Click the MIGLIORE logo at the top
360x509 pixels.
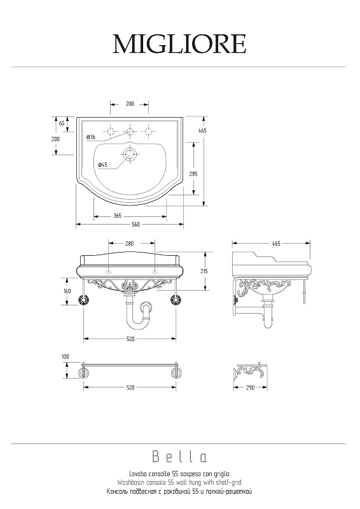pyautogui.click(x=179, y=44)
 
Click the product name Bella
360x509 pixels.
pyautogui.click(x=179, y=457)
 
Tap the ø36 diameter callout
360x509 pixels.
pyautogui.click(x=91, y=137)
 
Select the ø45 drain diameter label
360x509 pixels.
pyautogui.click(x=102, y=165)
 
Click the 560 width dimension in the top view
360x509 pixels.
pyautogui.click(x=136, y=225)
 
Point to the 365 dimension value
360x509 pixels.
pyautogui.click(x=118, y=216)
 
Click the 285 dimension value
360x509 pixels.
pyautogui.click(x=193, y=174)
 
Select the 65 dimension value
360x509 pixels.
pyautogui.click(x=62, y=123)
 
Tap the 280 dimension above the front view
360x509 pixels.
pyautogui.click(x=129, y=244)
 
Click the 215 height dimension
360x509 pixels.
pyautogui.click(x=204, y=271)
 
